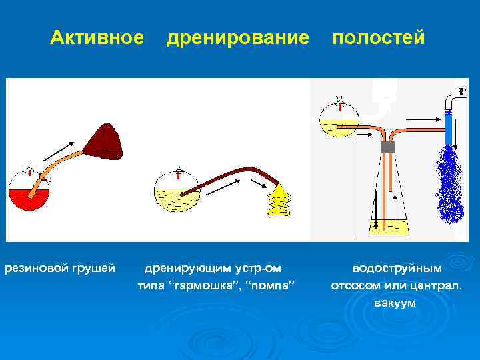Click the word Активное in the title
tap(97, 38)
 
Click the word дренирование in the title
tap(237, 38)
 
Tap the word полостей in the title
tap(378, 38)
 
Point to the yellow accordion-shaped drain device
tap(279, 199)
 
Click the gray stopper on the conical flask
tap(387, 147)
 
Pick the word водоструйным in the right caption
tap(397, 268)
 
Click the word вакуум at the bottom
tap(395, 303)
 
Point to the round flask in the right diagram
tap(339, 120)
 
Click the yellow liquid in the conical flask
tap(387, 227)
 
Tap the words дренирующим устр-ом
tap(213, 268)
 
